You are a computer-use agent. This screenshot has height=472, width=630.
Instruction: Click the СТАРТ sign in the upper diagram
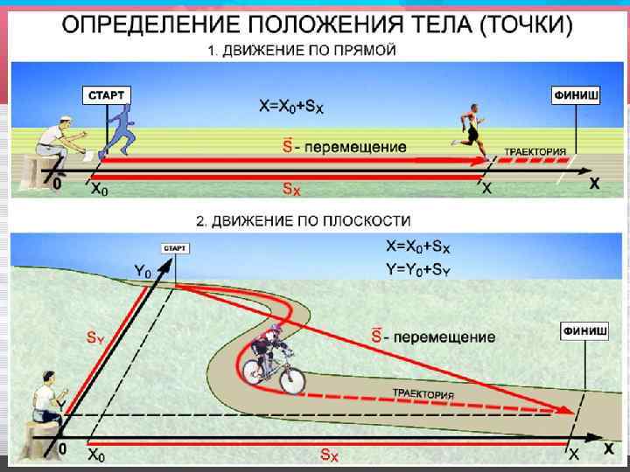pyautogui.click(x=106, y=94)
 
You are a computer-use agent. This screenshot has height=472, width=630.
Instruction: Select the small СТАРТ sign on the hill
pyautogui.click(x=175, y=249)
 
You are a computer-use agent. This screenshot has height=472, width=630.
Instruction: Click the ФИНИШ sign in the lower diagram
pyautogui.click(x=584, y=331)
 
